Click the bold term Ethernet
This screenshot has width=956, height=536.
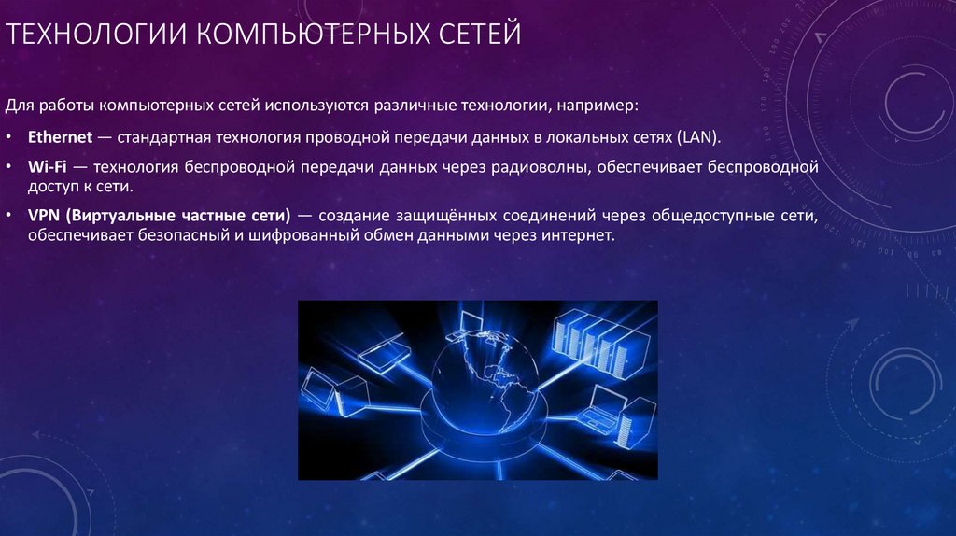60,137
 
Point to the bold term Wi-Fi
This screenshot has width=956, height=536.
46,168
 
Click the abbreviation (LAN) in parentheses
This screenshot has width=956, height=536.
699,137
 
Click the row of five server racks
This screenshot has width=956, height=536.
590,337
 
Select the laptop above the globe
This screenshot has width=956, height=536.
471,323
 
